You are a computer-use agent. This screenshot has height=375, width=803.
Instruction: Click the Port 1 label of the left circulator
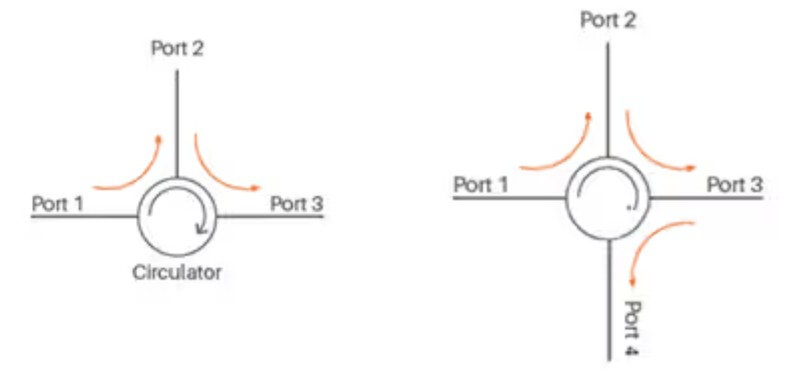tap(58, 204)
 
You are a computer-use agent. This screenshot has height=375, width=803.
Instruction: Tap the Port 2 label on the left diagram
tap(177, 49)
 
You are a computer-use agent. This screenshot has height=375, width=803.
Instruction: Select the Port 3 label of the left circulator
tap(296, 204)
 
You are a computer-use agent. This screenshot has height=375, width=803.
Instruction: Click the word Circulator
tap(177, 273)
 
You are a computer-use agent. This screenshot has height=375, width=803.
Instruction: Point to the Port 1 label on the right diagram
tap(481, 185)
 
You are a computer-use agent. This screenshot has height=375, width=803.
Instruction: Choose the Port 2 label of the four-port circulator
tap(608, 20)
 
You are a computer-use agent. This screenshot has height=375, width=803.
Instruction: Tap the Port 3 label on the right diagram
tap(734, 185)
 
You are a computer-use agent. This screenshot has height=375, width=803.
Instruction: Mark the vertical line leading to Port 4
tap(609, 303)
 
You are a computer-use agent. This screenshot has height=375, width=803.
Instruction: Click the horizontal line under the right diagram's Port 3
tap(705, 199)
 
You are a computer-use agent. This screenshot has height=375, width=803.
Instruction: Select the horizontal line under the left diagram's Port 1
tap(82, 217)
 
